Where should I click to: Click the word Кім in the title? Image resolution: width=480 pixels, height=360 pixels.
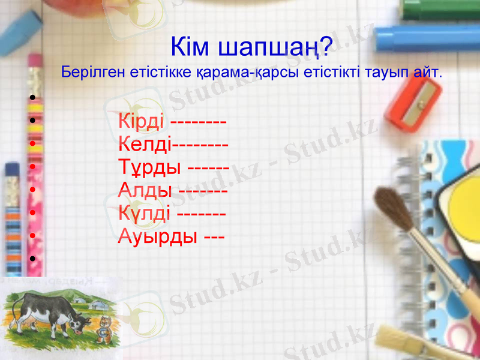pos(190,46)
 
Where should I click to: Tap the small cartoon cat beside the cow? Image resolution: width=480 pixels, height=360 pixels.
pos(106,327)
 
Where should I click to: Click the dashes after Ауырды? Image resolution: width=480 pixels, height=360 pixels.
pos(214,237)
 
